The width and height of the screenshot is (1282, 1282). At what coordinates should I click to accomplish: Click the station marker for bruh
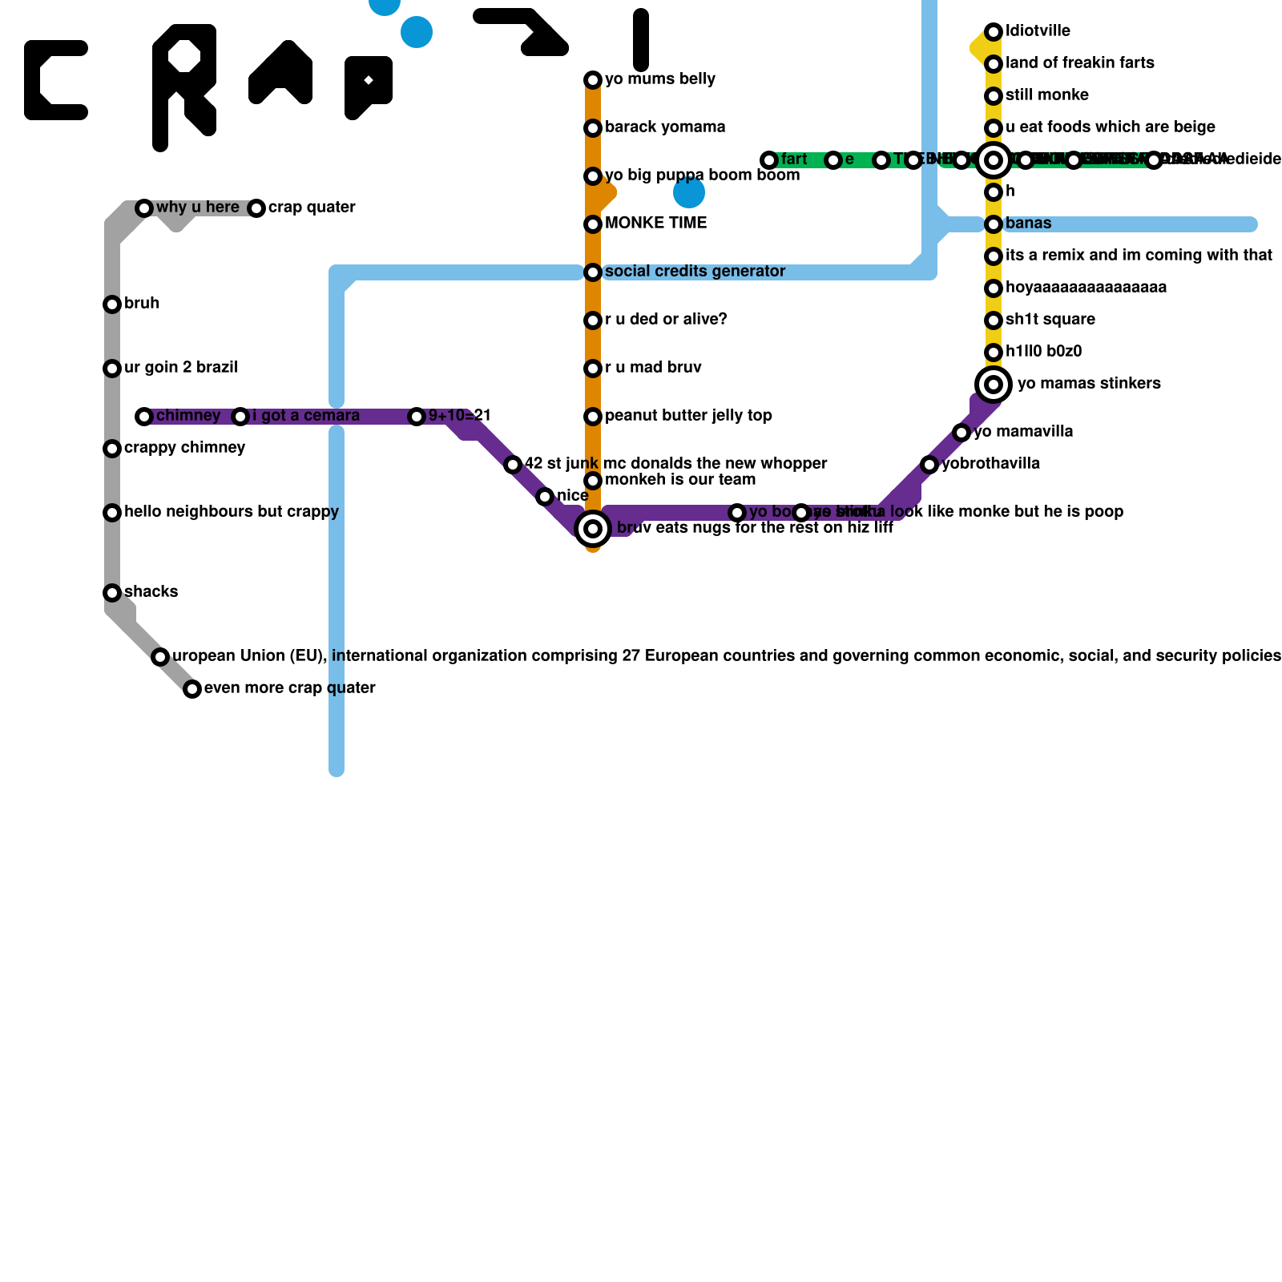coord(112,304)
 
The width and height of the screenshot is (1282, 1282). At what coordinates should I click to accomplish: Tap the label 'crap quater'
coord(312,208)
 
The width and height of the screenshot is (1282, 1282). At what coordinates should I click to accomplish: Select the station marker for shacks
coord(112,593)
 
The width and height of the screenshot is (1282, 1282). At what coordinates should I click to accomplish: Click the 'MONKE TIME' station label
coord(656,224)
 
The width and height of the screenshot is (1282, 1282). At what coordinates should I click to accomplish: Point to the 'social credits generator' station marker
coord(593,272)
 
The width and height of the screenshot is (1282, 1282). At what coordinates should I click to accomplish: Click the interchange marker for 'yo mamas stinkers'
coord(994,385)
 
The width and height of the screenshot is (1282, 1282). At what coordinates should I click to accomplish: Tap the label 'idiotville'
coord(1038,31)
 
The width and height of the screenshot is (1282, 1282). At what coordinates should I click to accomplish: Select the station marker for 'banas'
coord(994,224)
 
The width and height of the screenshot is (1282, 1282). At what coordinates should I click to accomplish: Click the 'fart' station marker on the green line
coord(769,160)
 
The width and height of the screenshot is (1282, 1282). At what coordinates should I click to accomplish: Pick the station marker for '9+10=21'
coord(417,417)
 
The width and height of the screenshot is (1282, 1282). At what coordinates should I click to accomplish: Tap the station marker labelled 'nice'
coord(545,497)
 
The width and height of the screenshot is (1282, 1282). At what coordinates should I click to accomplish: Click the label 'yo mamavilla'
coord(1023,432)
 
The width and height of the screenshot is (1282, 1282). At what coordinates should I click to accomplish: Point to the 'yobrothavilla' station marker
coord(929,465)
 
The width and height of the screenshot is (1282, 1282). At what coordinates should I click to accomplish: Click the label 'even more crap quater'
coord(290,688)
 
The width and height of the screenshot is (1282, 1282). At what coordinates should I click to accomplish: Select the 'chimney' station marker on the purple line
coord(144,417)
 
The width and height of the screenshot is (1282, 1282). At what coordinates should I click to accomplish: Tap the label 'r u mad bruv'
coord(653,368)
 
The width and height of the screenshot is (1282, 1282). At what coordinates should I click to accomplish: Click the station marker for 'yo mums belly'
coord(593,80)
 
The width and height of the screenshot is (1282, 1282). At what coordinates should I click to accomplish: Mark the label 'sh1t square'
coord(1050,320)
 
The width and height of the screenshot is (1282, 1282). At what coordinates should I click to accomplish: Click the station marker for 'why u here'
coord(144,208)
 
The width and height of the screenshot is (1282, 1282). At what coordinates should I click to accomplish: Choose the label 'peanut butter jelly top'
coord(688,416)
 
